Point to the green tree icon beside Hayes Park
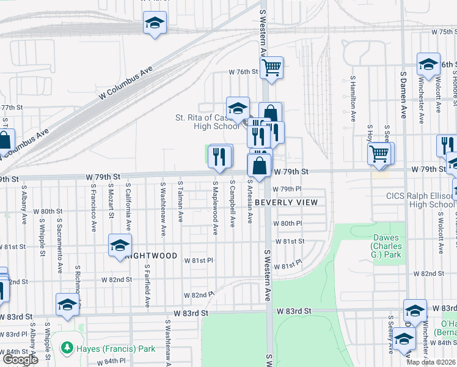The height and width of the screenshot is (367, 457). tap(67, 348)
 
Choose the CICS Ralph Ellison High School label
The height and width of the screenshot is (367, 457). tap(420, 201)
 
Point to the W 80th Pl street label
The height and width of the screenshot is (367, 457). tap(288, 224)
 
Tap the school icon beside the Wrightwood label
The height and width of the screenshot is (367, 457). tap(120, 246)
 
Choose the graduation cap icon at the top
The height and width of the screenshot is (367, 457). tap(155, 23)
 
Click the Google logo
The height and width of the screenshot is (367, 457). tap(20, 360)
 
